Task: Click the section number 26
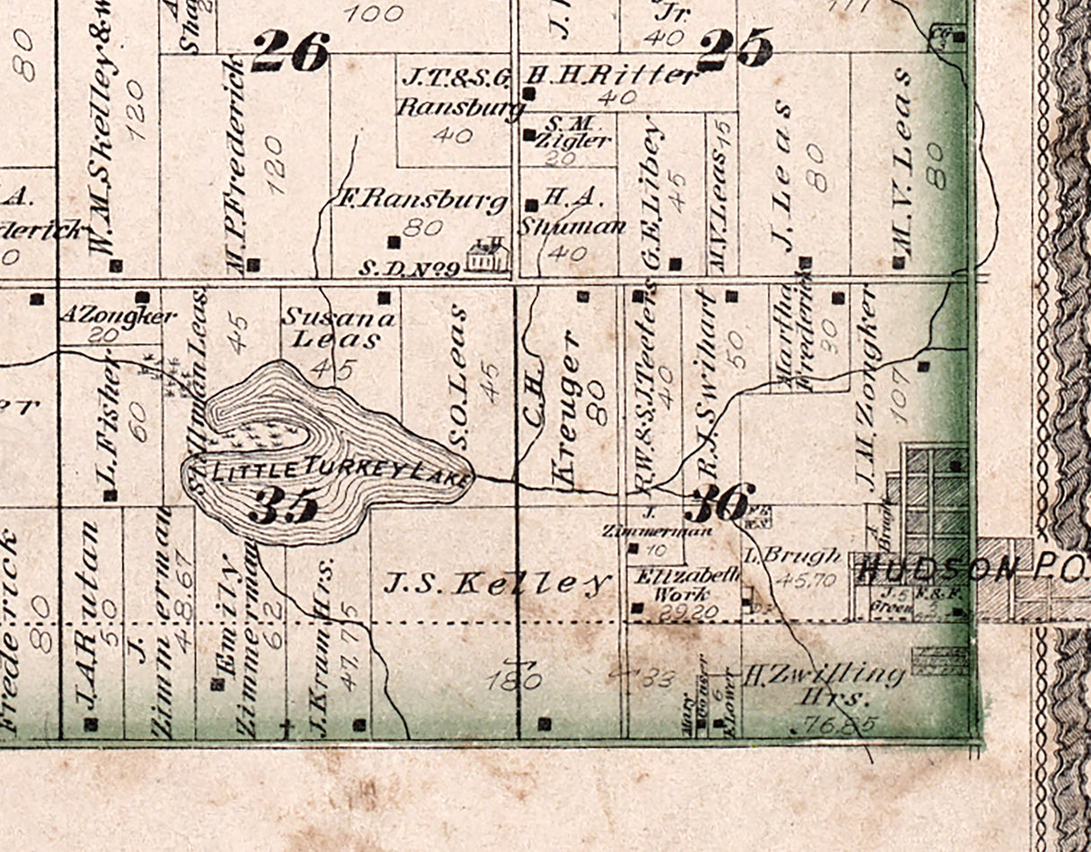coord(289,52)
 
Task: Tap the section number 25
coord(734,48)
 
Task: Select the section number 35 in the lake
coord(283,506)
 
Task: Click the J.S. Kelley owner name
coord(497,583)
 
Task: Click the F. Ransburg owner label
coord(423,201)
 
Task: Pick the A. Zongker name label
coord(118,315)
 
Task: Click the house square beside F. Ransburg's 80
coord(393,241)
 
